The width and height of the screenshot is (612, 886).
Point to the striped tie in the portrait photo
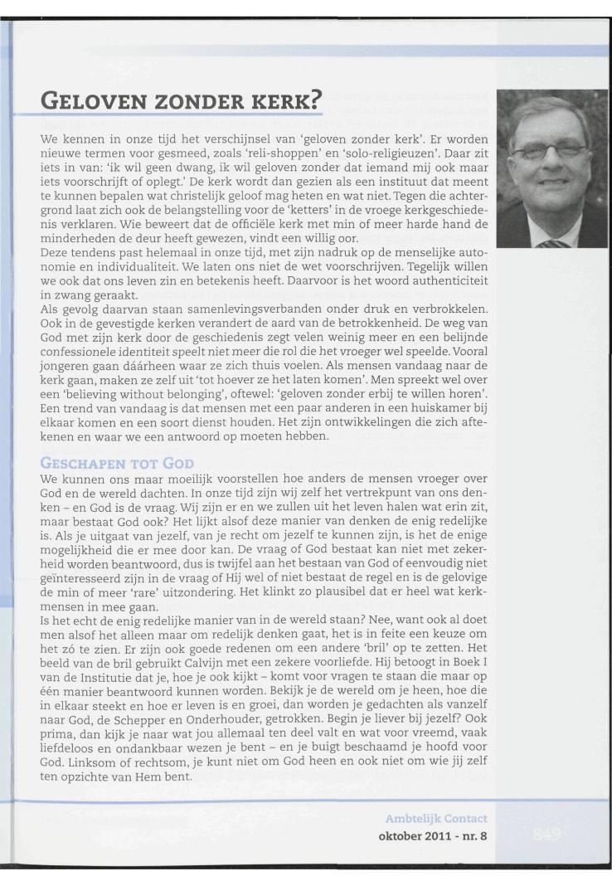[555, 243]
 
